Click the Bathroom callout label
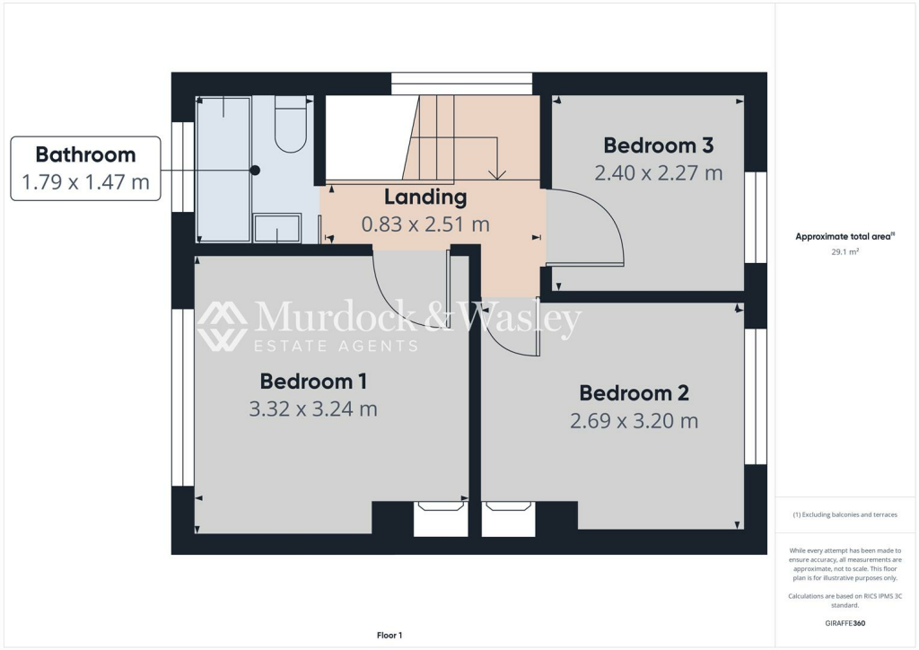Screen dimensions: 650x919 point(85,154)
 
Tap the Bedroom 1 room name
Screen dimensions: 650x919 point(312,381)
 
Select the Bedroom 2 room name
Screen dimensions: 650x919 point(634,392)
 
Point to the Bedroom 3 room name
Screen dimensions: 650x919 point(658,145)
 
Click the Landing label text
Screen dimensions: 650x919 point(425,197)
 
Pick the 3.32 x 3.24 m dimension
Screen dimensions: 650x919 point(312,409)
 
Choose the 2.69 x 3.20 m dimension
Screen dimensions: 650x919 point(634,420)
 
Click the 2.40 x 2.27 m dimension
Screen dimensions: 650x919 point(658,172)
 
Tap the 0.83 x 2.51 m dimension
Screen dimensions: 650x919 point(425,224)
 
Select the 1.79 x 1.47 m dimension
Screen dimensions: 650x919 point(85,183)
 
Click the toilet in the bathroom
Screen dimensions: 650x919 point(291,126)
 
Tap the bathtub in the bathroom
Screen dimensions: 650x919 point(223,169)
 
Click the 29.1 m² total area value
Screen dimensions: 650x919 point(844,252)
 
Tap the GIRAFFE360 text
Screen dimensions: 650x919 point(844,622)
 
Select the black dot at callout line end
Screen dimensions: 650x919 point(255,170)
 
